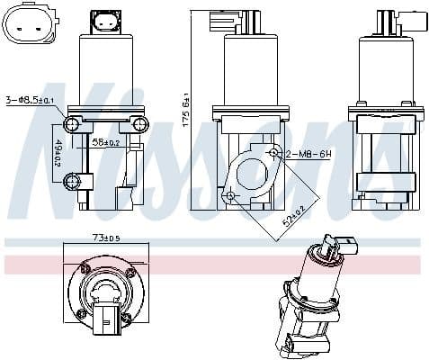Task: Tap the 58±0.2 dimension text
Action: coord(105,142)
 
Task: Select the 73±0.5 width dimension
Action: coord(105,238)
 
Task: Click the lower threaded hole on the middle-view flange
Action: coord(230,194)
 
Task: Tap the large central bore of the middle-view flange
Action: coord(251,172)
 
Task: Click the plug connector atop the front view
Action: coord(106,22)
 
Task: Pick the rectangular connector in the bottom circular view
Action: coord(107,316)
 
